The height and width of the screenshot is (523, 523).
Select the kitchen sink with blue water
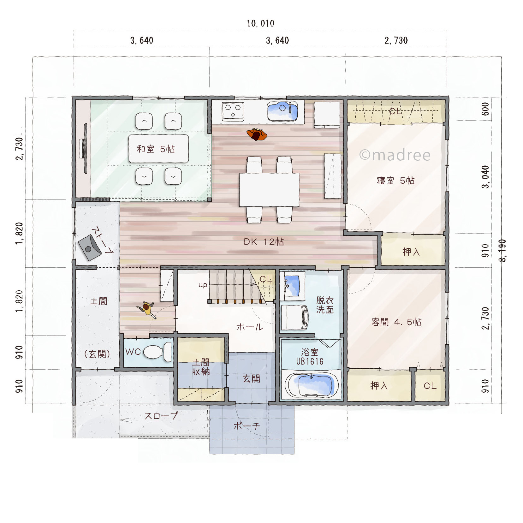click(282, 111)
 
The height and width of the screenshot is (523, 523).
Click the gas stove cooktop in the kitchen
click(233, 111)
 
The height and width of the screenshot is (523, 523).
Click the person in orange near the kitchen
click(257, 134)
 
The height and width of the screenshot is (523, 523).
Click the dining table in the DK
click(269, 190)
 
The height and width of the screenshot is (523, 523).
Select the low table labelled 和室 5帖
click(158, 149)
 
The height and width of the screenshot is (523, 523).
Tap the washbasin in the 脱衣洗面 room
click(292, 285)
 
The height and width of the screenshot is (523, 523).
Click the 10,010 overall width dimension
click(260, 23)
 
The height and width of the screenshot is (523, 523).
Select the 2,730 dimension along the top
click(396, 40)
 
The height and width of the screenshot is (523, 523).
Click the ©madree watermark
click(395, 155)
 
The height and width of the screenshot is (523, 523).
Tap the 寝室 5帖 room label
click(395, 181)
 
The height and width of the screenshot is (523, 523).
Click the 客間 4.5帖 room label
click(396, 322)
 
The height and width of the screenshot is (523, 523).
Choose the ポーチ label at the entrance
click(247, 426)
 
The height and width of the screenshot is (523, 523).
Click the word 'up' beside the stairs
click(203, 285)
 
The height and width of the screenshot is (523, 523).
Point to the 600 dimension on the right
click(485, 109)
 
